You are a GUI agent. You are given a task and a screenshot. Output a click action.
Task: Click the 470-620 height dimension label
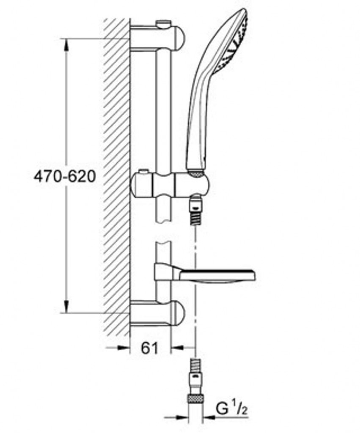point(65,176)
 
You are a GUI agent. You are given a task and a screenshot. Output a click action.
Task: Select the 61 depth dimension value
point(149,348)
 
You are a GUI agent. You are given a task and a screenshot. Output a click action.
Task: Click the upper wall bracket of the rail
point(157,38)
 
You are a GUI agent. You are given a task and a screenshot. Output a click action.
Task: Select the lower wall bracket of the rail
point(157,313)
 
